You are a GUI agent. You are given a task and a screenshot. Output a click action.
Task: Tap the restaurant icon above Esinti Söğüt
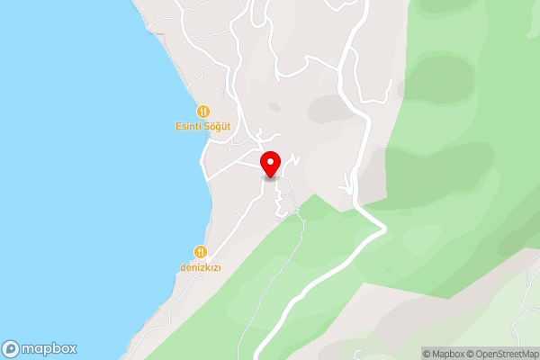(202, 111)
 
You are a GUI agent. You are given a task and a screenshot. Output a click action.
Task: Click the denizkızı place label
(201, 268)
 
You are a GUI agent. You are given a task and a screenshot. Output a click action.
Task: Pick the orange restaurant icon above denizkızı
(201, 252)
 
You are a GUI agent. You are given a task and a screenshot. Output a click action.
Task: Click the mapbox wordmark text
(50, 348)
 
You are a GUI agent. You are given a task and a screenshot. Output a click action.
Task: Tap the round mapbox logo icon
(11, 348)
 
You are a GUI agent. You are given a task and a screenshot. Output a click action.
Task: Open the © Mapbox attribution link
(444, 354)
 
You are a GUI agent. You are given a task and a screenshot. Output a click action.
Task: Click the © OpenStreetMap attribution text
(502, 354)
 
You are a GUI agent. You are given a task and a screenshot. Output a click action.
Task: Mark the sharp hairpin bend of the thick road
(385, 229)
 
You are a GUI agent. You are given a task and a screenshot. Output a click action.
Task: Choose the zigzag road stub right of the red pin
(293, 162)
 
